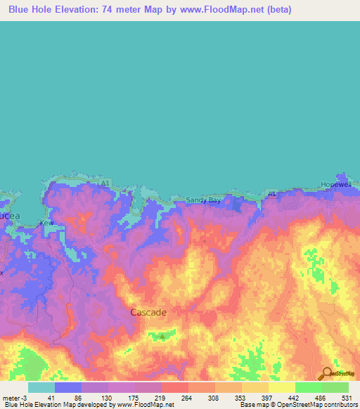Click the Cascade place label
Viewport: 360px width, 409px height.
(x=148, y=312)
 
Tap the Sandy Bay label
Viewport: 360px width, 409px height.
(x=202, y=200)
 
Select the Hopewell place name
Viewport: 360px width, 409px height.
(x=335, y=184)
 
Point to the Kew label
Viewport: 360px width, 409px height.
(x=48, y=223)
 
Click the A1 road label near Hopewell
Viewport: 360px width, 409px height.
(x=273, y=193)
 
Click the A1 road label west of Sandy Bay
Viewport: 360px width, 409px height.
(x=105, y=183)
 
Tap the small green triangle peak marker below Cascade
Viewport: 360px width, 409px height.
(x=162, y=336)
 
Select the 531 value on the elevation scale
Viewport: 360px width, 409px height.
(x=346, y=397)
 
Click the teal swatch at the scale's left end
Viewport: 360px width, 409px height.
(x=41, y=387)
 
